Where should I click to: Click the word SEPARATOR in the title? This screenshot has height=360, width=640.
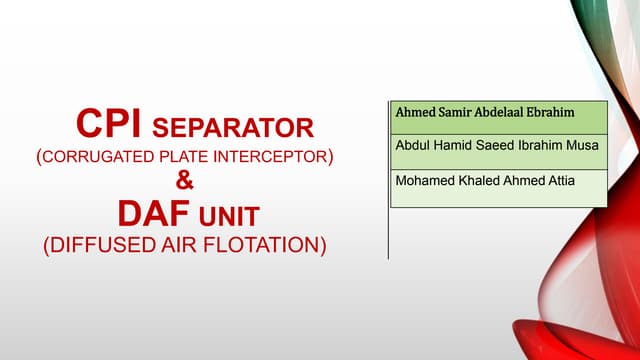232,129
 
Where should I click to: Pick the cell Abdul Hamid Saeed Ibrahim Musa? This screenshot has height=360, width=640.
497,147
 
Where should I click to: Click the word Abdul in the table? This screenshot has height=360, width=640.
414,147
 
